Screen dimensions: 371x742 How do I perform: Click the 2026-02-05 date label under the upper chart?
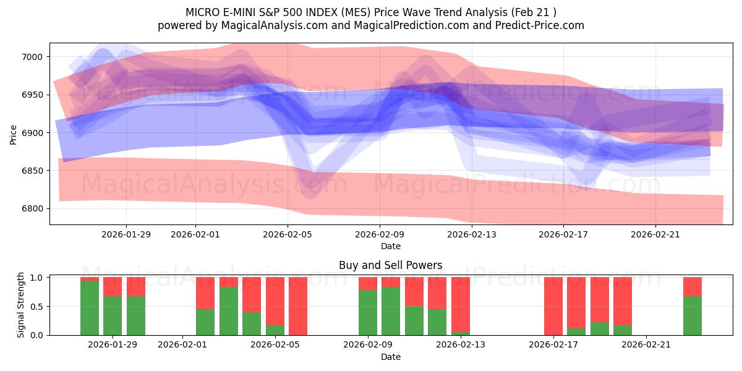(288, 234)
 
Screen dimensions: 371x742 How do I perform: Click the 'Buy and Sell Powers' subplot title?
(390, 265)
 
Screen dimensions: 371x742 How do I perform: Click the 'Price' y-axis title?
(14, 134)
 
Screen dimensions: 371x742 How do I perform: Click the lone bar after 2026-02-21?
(692, 306)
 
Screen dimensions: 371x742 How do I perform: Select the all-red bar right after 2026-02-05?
(298, 306)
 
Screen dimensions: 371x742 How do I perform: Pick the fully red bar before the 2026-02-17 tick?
(553, 306)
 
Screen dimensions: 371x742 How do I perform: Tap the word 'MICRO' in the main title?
(202, 12)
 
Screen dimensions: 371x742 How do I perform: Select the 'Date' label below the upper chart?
(390, 246)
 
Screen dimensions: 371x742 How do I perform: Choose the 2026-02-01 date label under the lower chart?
(184, 345)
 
